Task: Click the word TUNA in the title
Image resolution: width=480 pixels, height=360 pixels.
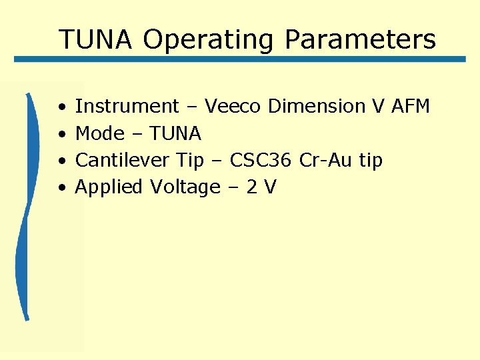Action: (95, 39)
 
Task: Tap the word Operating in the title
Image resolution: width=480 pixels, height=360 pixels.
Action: (207, 39)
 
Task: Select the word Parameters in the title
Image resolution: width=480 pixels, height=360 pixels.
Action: (360, 39)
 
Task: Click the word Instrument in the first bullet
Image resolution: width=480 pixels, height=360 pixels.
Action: (127, 107)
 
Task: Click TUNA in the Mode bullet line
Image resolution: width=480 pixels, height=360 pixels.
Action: (175, 134)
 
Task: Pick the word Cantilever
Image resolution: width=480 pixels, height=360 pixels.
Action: (123, 161)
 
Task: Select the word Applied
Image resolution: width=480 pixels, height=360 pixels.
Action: (109, 187)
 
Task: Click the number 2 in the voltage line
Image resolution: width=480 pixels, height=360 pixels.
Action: (252, 187)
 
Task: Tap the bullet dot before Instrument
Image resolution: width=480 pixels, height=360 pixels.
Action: (61, 107)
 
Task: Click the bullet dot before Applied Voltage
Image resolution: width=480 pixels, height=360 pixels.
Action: (61, 188)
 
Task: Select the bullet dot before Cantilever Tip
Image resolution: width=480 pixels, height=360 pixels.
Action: (61, 161)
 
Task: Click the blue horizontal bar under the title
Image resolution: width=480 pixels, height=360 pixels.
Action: (240, 59)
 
